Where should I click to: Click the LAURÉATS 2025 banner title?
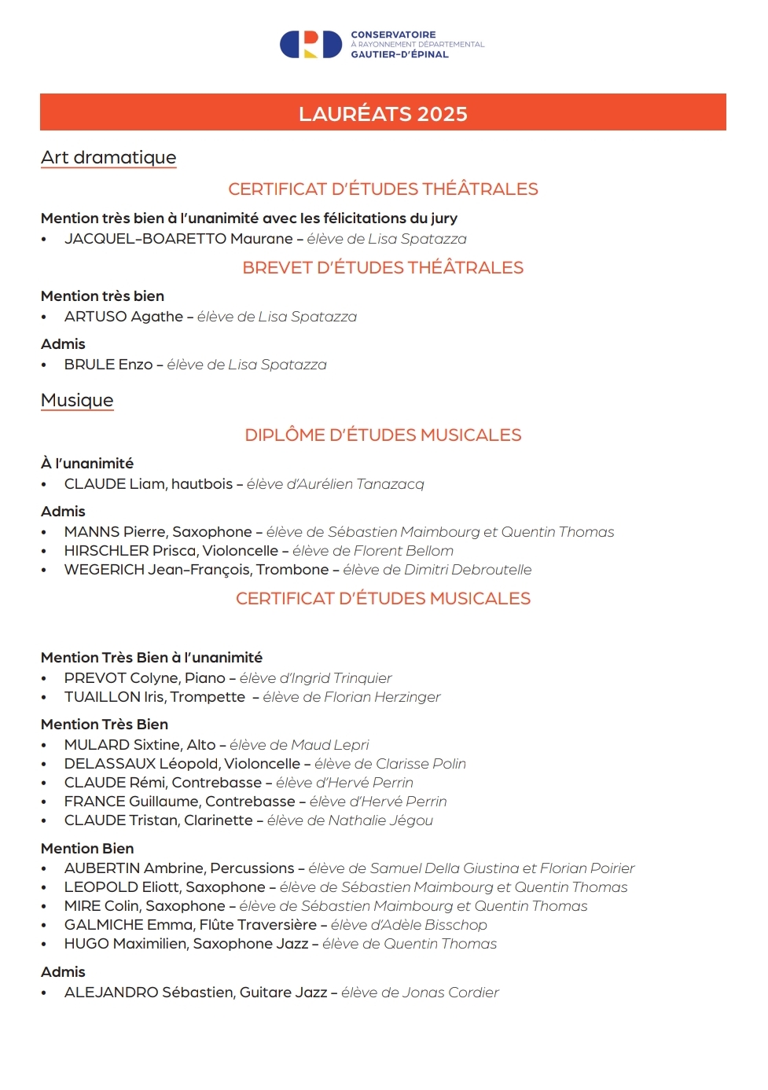[x=383, y=114]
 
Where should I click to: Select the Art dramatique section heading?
[x=108, y=157]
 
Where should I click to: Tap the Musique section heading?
[x=77, y=400]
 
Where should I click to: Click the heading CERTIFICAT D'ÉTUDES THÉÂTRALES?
[x=383, y=189]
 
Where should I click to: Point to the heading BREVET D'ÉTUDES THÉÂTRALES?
[x=383, y=268]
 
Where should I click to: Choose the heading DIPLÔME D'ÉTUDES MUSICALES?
[x=383, y=435]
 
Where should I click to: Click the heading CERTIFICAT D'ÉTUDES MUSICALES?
[x=383, y=599]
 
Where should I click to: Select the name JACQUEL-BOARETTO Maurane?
[x=178, y=239]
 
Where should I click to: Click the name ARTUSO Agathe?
[x=123, y=317]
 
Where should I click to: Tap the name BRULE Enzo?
[x=108, y=365]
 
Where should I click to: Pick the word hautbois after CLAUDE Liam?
[x=202, y=484]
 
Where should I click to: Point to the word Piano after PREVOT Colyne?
[x=205, y=678]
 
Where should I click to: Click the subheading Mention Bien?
[x=87, y=849]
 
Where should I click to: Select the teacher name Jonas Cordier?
[x=450, y=993]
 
